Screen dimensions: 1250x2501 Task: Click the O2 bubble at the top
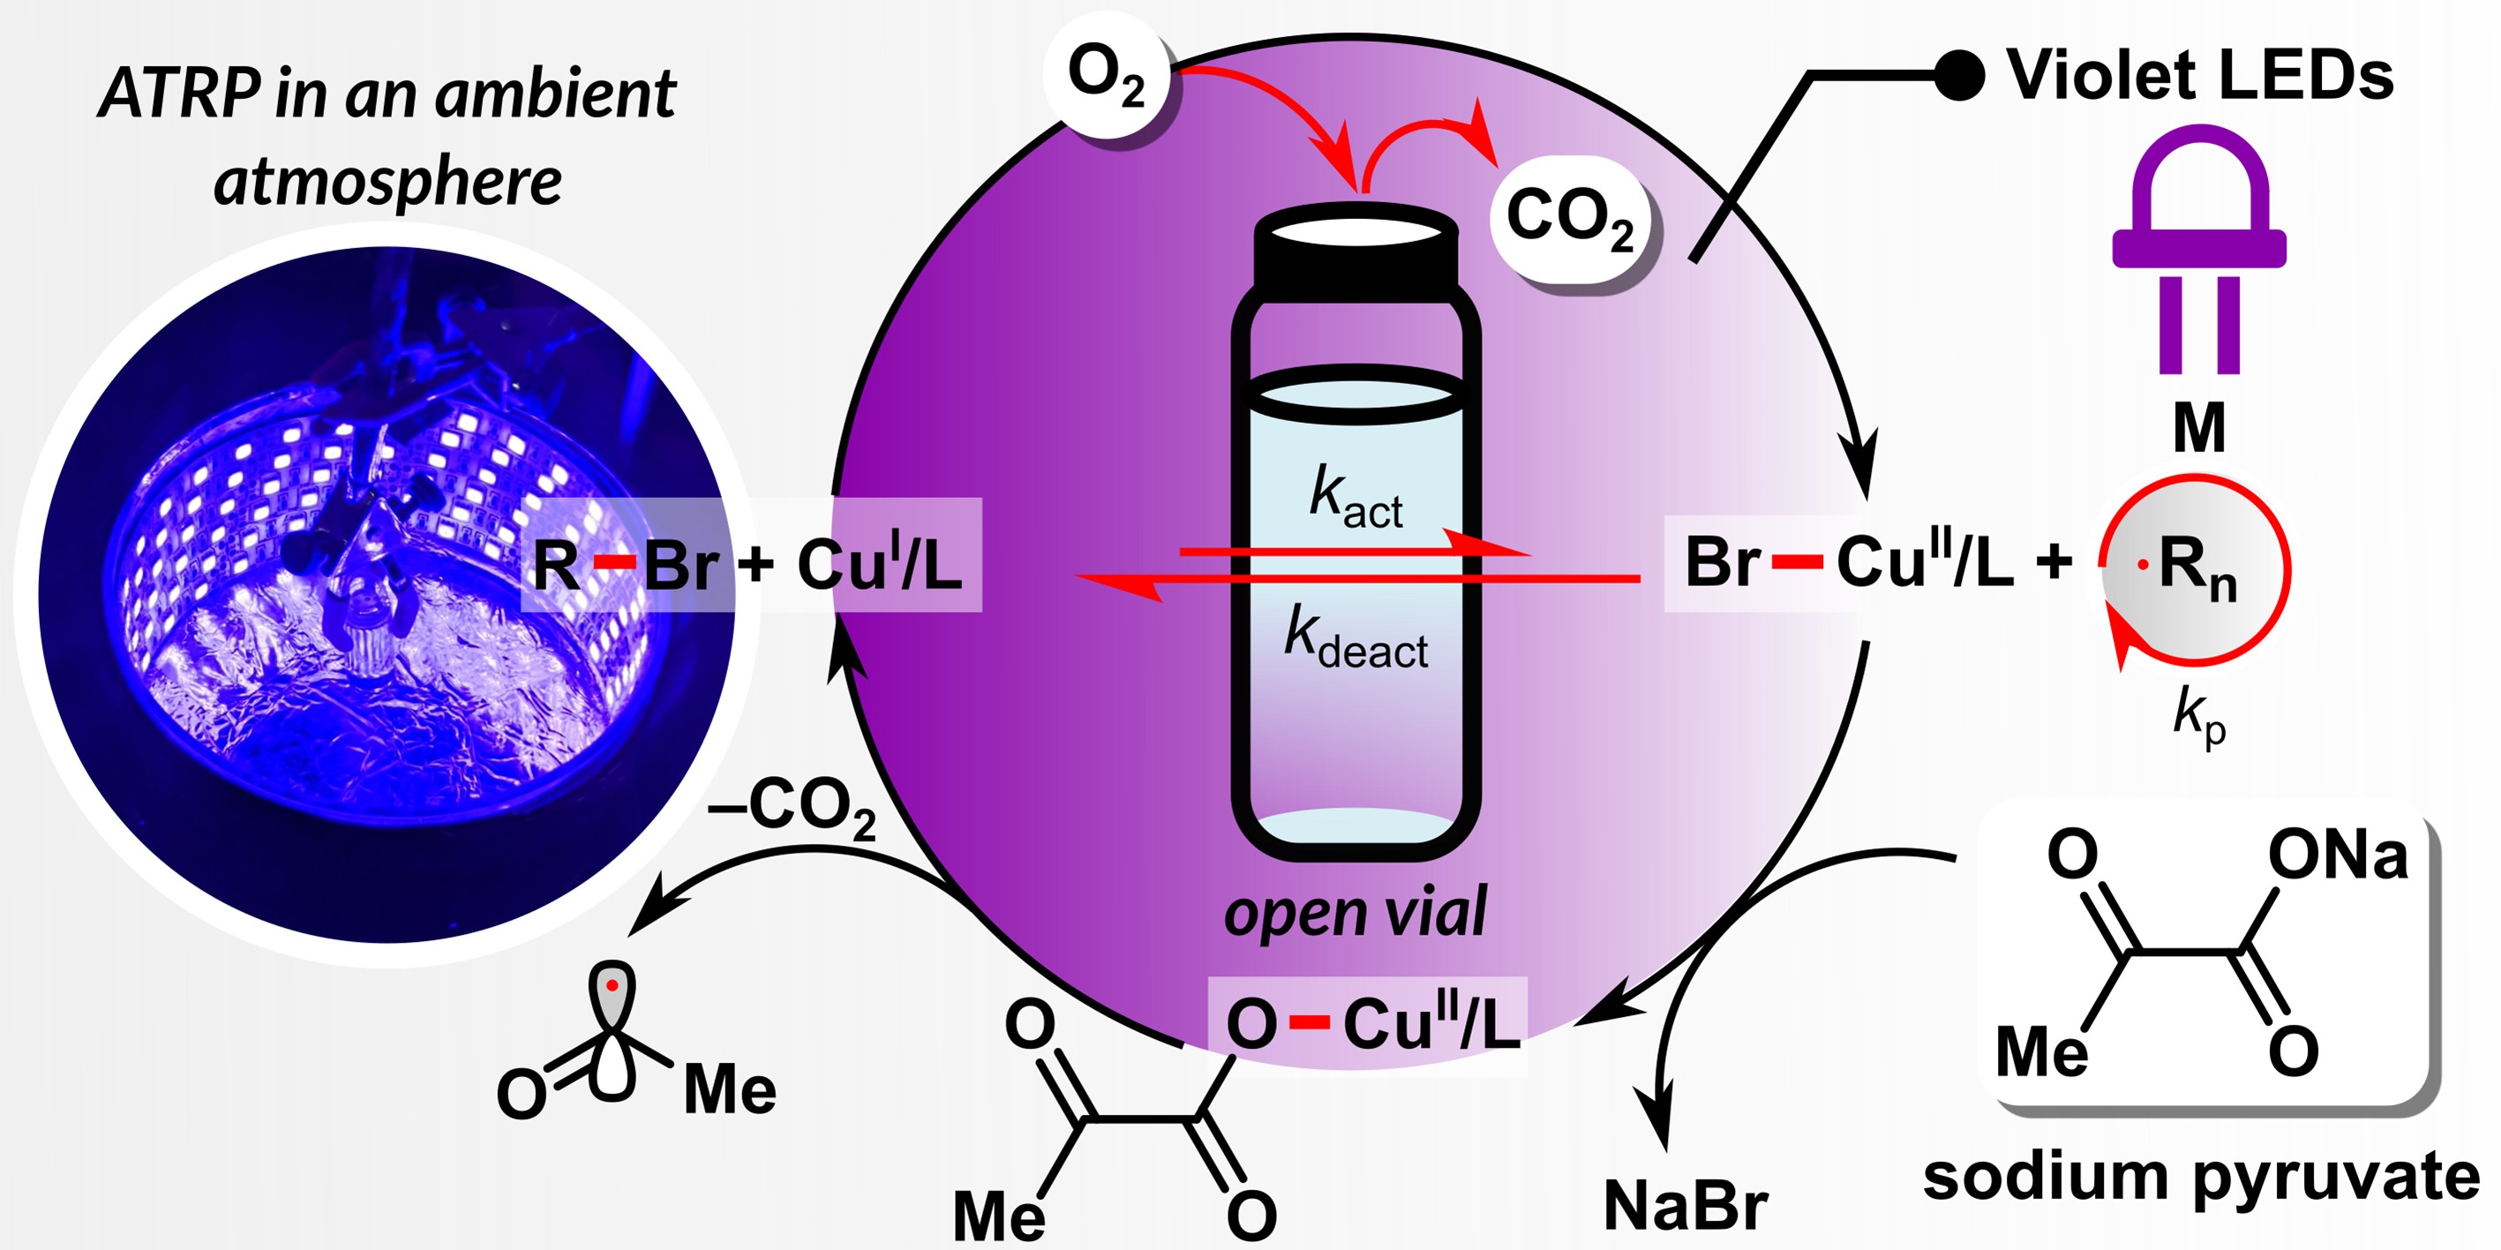1107,76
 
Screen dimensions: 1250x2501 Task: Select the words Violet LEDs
2200,76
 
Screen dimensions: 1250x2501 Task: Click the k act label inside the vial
1356,497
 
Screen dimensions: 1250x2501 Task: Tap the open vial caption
1356,913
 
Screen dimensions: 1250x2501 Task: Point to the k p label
2199,719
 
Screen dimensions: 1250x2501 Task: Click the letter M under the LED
2199,427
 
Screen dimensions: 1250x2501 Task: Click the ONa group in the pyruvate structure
2338,855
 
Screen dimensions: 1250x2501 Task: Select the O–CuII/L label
1369,1025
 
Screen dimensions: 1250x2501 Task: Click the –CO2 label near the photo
792,806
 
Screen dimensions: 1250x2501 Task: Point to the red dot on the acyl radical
612,986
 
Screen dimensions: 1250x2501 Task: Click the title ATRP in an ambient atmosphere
388,136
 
